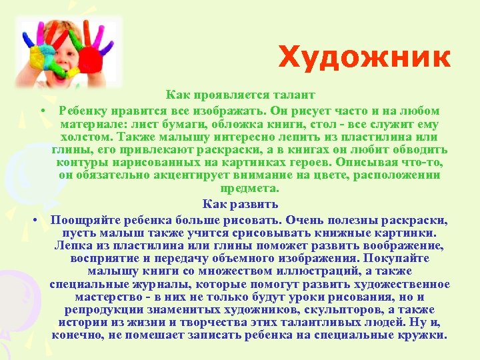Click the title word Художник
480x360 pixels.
(x=364, y=57)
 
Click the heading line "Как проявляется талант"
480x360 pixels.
(x=240, y=97)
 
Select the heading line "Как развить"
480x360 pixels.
(x=240, y=204)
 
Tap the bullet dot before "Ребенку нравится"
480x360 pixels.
(x=41, y=110)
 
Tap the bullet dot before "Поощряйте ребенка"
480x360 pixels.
(x=33, y=219)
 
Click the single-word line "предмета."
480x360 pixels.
(x=240, y=189)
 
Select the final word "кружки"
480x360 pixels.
(x=422, y=335)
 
